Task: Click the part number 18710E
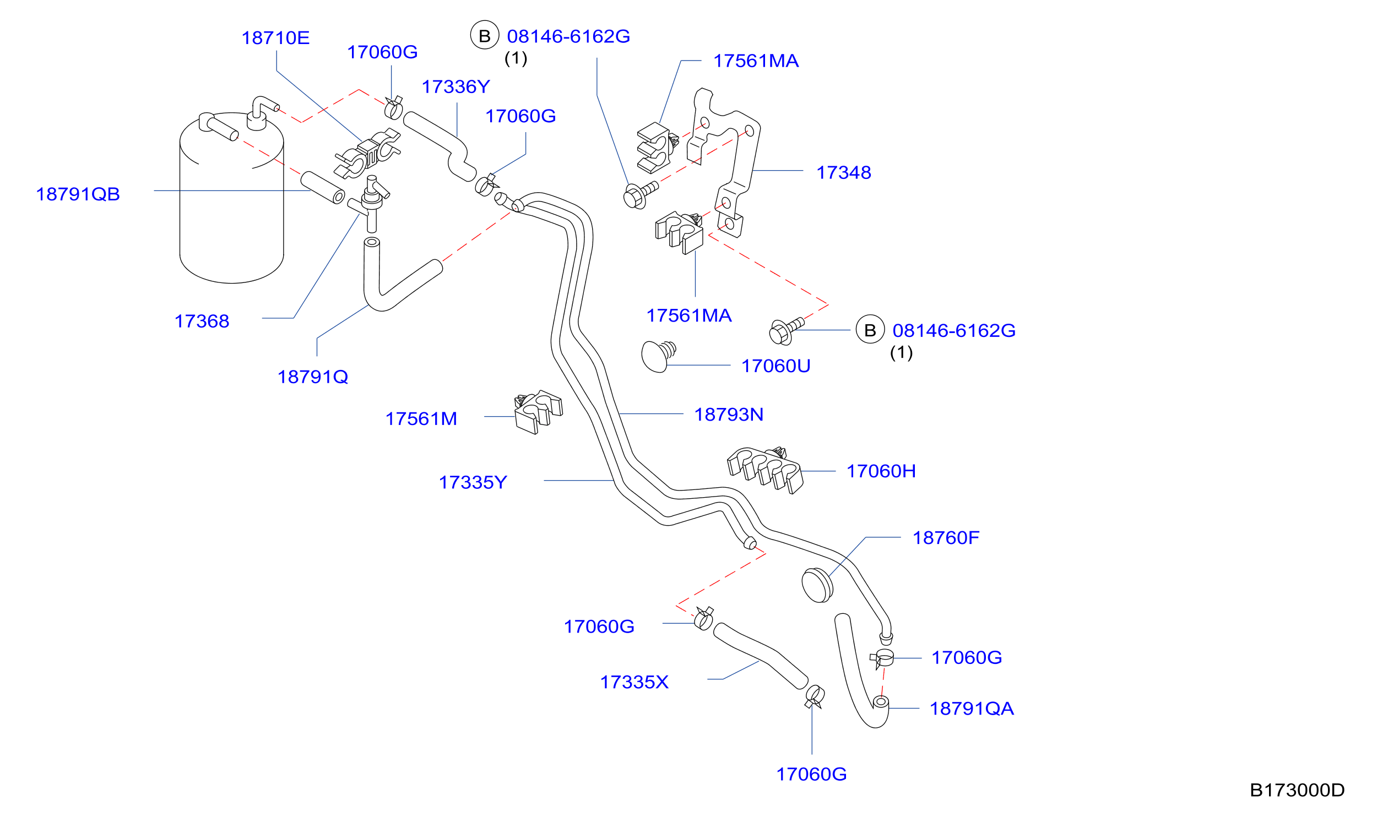pyautogui.click(x=275, y=38)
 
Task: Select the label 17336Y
pyautogui.click(x=456, y=86)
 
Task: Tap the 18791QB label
pyautogui.click(x=78, y=194)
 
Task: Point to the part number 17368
pyautogui.click(x=202, y=322)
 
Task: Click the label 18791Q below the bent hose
pyautogui.click(x=312, y=378)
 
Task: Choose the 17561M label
pyautogui.click(x=421, y=419)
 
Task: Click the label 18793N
pyautogui.click(x=729, y=415)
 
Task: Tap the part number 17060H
pyautogui.click(x=881, y=471)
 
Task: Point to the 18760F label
pyautogui.click(x=946, y=538)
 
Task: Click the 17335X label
pyautogui.click(x=634, y=682)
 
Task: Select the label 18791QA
pyautogui.click(x=972, y=709)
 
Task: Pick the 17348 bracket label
pyautogui.click(x=843, y=173)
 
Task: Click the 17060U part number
pyautogui.click(x=776, y=366)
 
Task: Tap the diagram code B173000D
pyautogui.click(x=1297, y=790)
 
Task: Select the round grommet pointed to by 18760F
pyautogui.click(x=817, y=585)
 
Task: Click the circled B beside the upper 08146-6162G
pyautogui.click(x=485, y=36)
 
